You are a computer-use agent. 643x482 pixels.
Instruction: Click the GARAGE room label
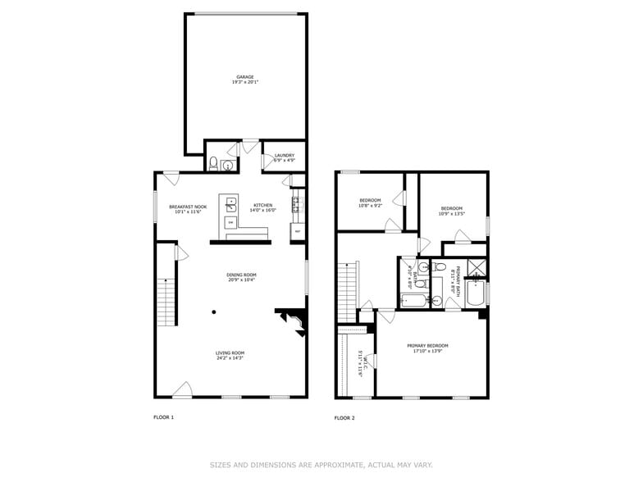click(x=245, y=77)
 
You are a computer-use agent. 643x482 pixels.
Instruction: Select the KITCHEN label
click(x=264, y=205)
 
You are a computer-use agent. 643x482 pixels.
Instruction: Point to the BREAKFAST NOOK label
click(x=188, y=206)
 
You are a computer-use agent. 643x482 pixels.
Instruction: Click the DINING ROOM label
click(x=242, y=275)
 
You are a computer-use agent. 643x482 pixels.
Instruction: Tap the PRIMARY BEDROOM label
click(x=432, y=346)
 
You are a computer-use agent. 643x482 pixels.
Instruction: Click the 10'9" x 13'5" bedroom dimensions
click(x=452, y=212)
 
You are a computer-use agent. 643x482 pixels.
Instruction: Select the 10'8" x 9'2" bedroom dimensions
click(x=370, y=204)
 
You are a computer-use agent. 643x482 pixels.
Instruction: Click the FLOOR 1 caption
click(x=164, y=417)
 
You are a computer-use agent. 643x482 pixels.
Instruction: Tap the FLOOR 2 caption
click(x=344, y=418)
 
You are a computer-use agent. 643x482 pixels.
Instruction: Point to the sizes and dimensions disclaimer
click(x=321, y=465)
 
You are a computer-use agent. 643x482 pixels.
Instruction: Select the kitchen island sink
click(x=231, y=202)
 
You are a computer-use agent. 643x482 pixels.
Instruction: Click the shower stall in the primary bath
click(x=476, y=267)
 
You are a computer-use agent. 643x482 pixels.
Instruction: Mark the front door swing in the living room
click(x=183, y=390)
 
